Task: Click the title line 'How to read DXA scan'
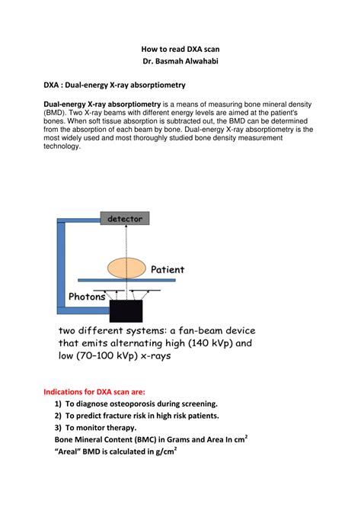pos(180,47)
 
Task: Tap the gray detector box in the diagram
pos(125,218)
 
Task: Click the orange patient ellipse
pos(126,268)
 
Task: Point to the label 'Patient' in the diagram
pos(168,269)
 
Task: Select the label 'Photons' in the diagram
pos(88,297)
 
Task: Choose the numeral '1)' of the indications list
pos(58,403)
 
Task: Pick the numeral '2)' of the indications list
pos(58,416)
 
